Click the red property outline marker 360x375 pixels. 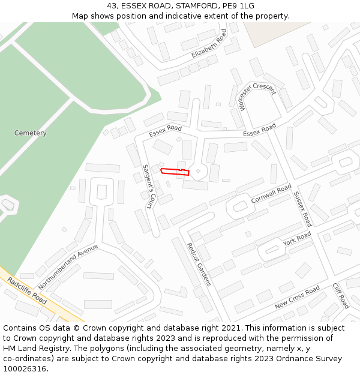tap(175, 172)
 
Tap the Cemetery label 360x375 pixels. tap(31, 133)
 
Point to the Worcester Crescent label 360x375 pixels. tap(257, 95)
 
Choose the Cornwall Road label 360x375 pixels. tap(271, 193)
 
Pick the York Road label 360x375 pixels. tap(298, 239)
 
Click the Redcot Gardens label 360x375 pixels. tap(199, 265)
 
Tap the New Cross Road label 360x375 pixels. tap(298, 298)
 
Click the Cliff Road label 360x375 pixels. tap(340, 296)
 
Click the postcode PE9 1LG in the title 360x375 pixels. tap(240, 6)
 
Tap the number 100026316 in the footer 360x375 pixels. tap(25, 369)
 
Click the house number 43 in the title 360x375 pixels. tap(112, 6)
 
